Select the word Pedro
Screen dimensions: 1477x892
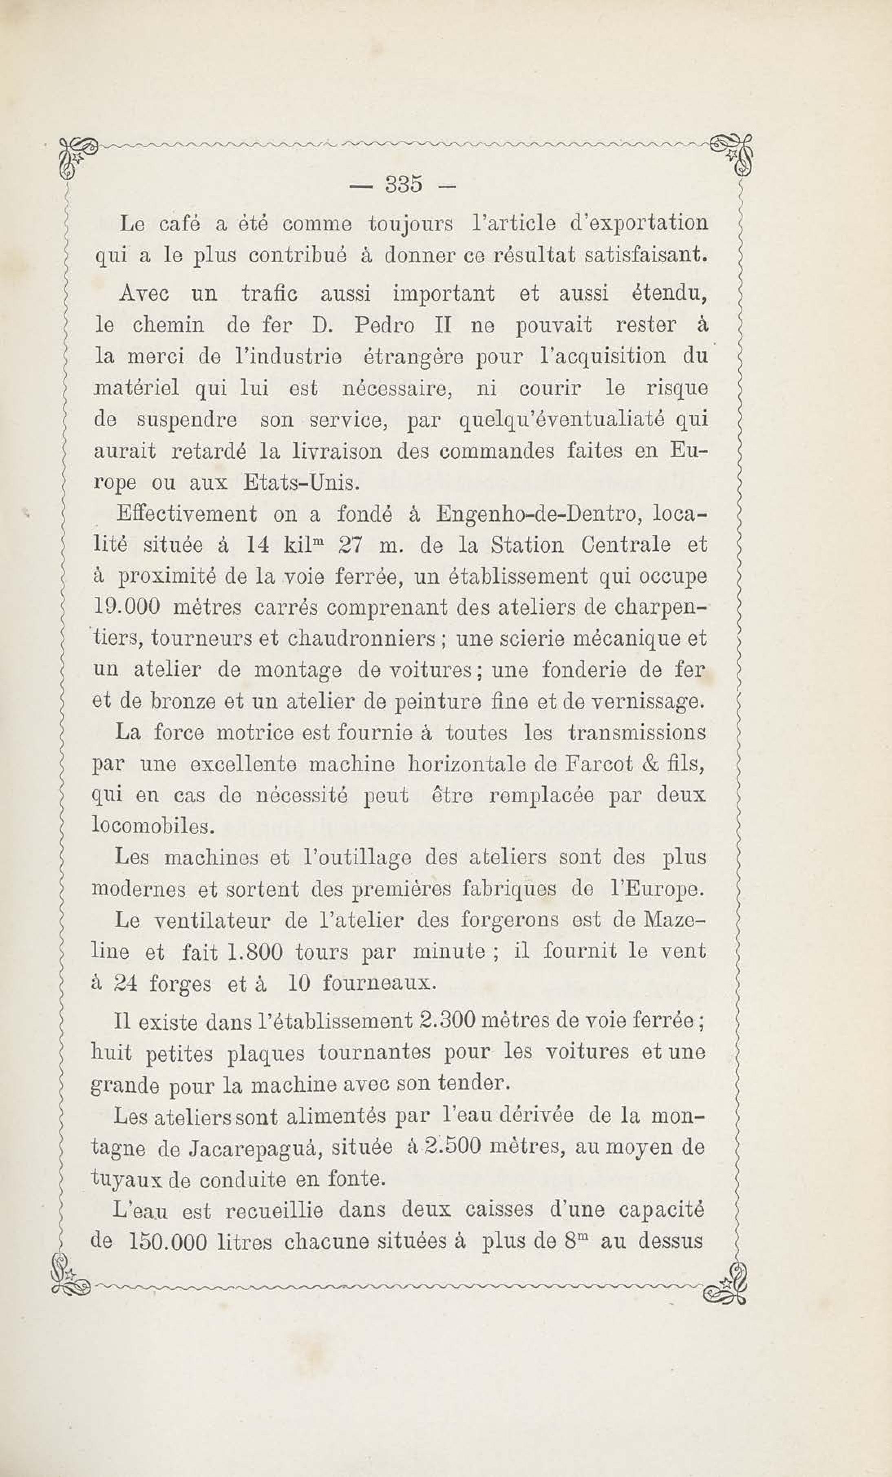pyautogui.click(x=384, y=326)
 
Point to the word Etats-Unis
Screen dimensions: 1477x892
pyautogui.click(x=301, y=483)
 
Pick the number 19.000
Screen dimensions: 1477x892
pyautogui.click(x=127, y=607)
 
